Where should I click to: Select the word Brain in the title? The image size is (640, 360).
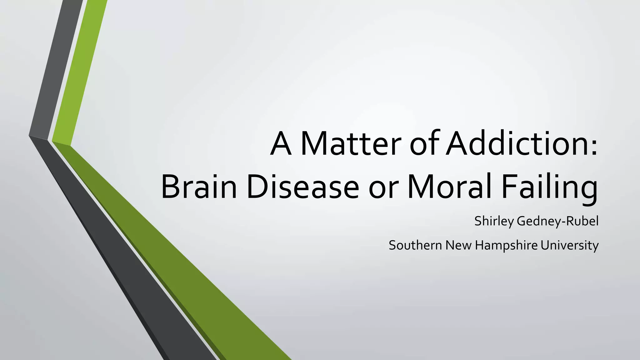(x=199, y=187)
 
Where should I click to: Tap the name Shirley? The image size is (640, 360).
(x=494, y=221)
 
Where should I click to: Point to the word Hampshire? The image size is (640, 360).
(x=506, y=246)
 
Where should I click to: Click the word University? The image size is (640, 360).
(x=569, y=246)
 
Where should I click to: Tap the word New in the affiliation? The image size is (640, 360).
(x=458, y=245)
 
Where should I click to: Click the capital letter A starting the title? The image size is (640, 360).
(x=281, y=144)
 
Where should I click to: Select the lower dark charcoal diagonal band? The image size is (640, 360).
(x=125, y=250)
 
